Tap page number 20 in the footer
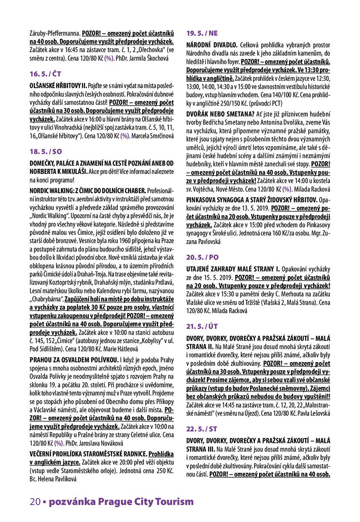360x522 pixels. (x=35, y=502)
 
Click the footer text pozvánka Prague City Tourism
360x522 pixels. (x=121, y=502)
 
